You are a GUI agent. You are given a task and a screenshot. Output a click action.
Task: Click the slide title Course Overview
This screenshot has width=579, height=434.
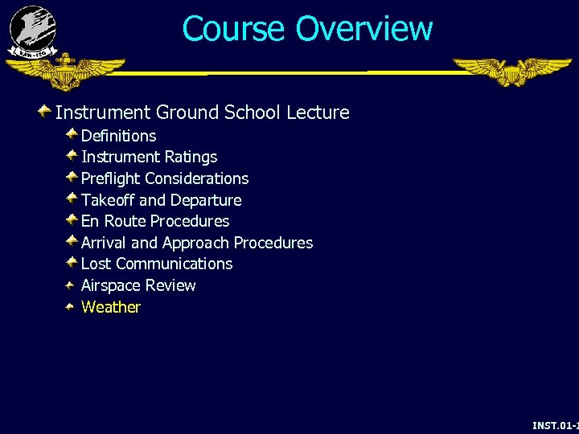(x=307, y=28)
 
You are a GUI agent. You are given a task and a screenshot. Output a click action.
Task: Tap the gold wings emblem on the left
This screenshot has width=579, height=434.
(x=66, y=72)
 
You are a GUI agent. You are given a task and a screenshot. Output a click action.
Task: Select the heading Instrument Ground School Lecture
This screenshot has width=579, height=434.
(x=202, y=113)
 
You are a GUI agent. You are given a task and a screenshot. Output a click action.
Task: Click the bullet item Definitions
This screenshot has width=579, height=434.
(x=118, y=136)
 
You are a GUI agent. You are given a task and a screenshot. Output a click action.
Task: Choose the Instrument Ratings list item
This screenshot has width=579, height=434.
(x=149, y=157)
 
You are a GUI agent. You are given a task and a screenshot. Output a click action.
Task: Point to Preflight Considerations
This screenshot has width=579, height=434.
(x=165, y=178)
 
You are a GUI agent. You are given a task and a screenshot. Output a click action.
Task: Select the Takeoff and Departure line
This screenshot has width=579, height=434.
(x=161, y=200)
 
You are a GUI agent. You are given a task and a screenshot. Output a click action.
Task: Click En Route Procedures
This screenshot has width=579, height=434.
(x=155, y=221)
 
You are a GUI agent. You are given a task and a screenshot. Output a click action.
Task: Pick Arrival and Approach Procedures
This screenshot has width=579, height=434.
(x=197, y=243)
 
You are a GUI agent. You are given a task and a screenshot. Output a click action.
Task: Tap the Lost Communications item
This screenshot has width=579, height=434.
(x=157, y=264)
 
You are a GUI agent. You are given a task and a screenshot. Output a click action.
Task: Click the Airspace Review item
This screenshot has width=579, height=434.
(x=138, y=285)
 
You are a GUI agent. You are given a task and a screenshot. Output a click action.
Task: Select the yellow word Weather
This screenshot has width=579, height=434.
(x=111, y=307)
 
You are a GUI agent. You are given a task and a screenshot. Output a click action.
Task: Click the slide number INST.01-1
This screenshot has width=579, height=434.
(x=555, y=424)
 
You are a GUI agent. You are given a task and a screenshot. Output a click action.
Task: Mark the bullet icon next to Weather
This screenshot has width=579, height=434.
(x=72, y=306)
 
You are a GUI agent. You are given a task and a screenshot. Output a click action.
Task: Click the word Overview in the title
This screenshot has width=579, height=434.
(x=364, y=28)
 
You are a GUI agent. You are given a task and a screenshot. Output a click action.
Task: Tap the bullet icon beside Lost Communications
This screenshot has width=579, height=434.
(x=72, y=263)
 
